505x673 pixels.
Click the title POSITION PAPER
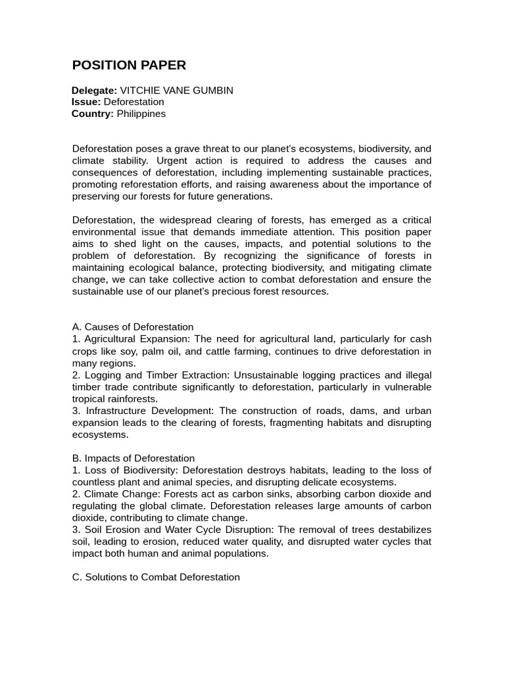(x=129, y=65)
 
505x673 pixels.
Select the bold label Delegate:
(x=94, y=91)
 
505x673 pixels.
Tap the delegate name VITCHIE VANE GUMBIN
(x=176, y=91)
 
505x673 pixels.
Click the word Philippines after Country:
(x=141, y=114)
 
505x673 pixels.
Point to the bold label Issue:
(x=86, y=103)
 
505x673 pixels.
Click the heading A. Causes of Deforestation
(x=133, y=327)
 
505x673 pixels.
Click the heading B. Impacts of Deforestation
(x=133, y=458)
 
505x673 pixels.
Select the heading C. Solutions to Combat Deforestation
(x=156, y=577)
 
